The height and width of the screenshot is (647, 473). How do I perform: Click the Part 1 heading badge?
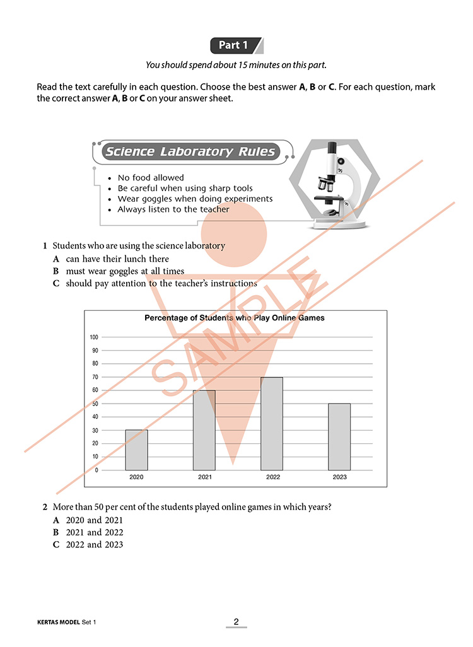(234, 45)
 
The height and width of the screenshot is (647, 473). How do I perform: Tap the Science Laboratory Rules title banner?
(190, 151)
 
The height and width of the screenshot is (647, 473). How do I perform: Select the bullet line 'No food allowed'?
(151, 178)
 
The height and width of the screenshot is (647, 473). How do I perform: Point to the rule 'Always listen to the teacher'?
(173, 209)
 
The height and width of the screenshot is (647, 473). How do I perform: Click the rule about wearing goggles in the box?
(195, 199)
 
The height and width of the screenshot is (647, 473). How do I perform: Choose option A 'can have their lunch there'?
(117, 259)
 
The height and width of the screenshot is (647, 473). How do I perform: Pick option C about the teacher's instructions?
(161, 284)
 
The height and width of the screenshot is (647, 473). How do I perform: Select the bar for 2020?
(136, 450)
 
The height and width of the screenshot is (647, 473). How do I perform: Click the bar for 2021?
(204, 430)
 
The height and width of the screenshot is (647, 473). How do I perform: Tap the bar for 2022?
(272, 423)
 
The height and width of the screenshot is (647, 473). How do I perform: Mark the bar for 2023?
(339, 436)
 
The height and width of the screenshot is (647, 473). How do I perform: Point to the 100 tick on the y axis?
(94, 337)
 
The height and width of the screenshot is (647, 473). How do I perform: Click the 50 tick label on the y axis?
(95, 403)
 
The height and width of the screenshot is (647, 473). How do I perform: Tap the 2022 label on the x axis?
(272, 477)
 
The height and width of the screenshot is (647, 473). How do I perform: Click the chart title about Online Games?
(235, 318)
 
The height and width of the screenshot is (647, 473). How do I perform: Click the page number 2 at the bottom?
(237, 622)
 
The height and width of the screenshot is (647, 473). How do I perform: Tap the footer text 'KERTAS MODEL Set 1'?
(67, 622)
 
